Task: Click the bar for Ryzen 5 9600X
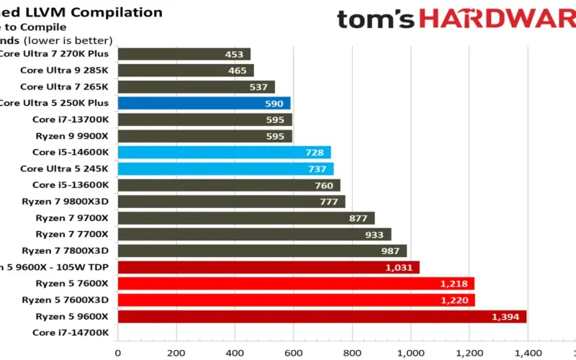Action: [322, 317]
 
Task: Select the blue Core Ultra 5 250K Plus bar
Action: [204, 103]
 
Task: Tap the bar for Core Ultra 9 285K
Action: [186, 71]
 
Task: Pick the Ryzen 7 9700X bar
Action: [246, 218]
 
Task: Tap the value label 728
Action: [314, 153]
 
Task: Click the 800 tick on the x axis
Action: [351, 353]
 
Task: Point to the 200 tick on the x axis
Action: [176, 353]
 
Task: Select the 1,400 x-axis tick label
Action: [526, 353]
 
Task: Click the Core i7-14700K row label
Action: [71, 333]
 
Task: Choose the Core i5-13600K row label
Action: [71, 185]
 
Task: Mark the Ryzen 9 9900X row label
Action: [71, 135]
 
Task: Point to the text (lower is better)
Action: [68, 40]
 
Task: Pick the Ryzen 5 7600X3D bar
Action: [296, 300]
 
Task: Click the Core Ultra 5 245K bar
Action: [225, 168]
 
